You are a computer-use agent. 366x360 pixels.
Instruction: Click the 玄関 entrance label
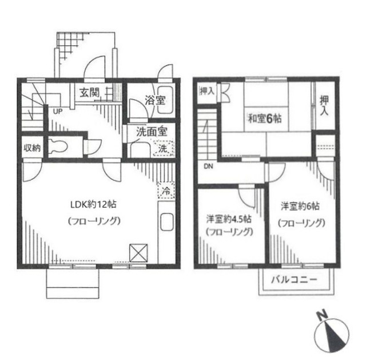click(90, 92)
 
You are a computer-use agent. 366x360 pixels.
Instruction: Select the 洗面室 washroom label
click(151, 130)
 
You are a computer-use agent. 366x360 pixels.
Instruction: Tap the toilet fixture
click(58, 146)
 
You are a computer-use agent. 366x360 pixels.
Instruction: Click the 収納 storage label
click(32, 148)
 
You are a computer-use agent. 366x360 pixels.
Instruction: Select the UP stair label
click(58, 112)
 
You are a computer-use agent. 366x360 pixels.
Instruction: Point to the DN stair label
click(207, 167)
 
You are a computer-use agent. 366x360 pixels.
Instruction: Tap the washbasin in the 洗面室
click(137, 148)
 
